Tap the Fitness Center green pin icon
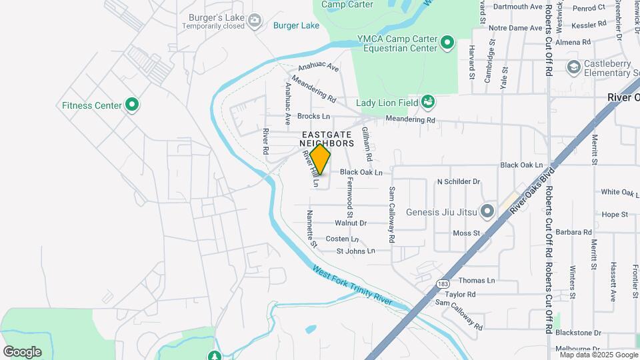(x=132, y=105)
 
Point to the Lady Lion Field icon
(x=429, y=102)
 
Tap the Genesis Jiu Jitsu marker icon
(x=487, y=212)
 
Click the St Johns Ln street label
(x=355, y=251)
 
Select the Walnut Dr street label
(x=351, y=223)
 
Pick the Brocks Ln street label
(x=313, y=116)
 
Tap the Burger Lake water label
(x=296, y=25)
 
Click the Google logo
(x=22, y=351)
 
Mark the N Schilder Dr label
(x=458, y=181)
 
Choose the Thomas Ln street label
(x=477, y=281)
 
